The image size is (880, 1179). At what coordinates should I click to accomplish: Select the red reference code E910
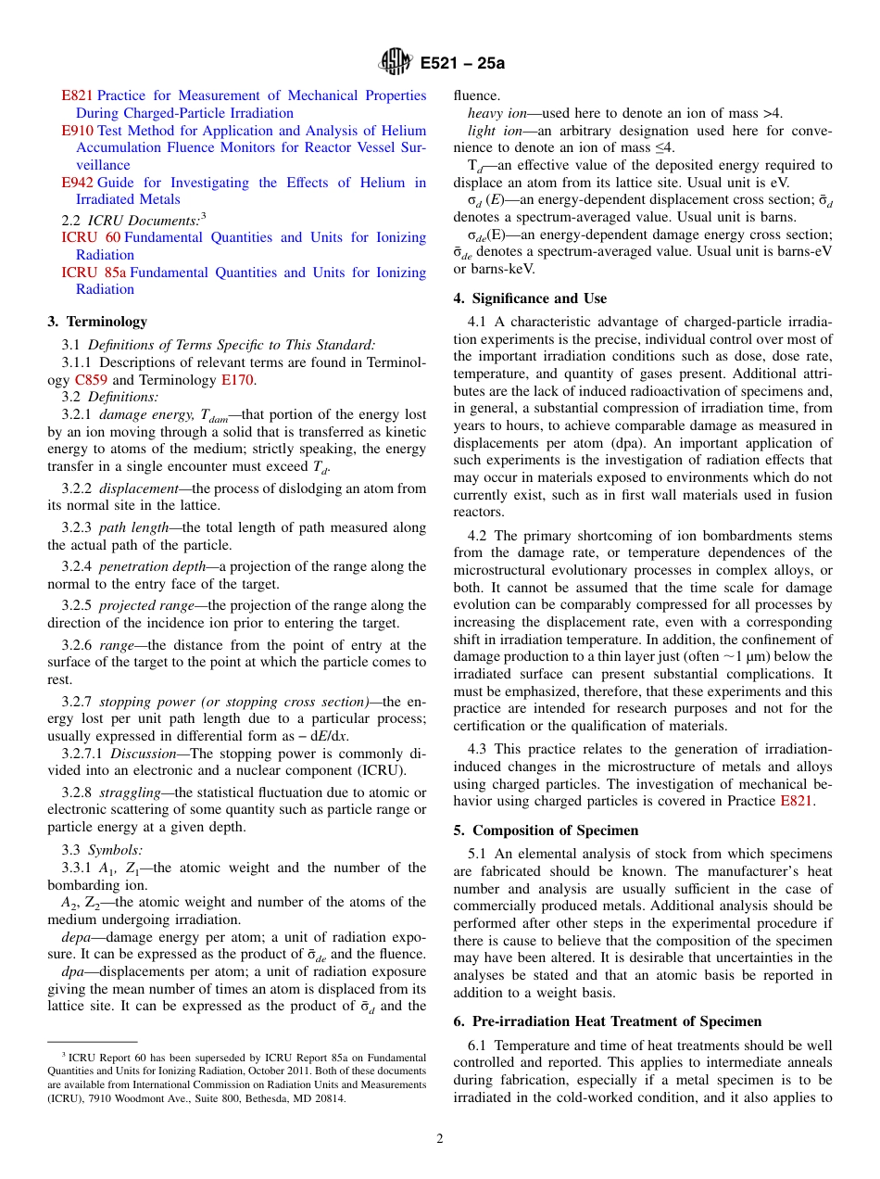[77, 131]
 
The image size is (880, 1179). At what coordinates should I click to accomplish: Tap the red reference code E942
[77, 183]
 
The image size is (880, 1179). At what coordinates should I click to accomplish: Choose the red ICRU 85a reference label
[92, 273]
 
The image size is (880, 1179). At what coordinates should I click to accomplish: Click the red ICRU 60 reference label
[90, 237]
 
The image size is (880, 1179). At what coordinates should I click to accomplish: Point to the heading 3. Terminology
[97, 322]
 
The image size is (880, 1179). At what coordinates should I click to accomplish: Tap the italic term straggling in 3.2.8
[130, 792]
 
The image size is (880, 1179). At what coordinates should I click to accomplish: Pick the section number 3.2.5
[78, 605]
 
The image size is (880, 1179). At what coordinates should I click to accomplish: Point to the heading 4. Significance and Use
[530, 298]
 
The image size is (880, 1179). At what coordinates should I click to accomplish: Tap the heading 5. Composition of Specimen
[546, 830]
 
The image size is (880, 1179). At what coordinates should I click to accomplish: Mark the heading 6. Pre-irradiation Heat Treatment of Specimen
[607, 1021]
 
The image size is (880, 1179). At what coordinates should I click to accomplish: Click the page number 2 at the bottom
[440, 1139]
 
